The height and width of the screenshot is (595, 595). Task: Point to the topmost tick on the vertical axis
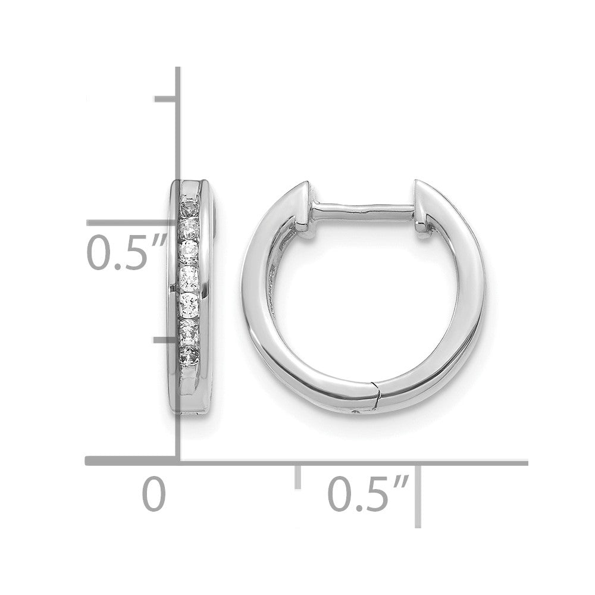[x=166, y=98]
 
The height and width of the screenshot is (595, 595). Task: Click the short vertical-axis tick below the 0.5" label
[x=166, y=340]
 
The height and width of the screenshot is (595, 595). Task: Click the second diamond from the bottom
[x=190, y=330]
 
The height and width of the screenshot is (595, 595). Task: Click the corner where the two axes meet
[x=178, y=461]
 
